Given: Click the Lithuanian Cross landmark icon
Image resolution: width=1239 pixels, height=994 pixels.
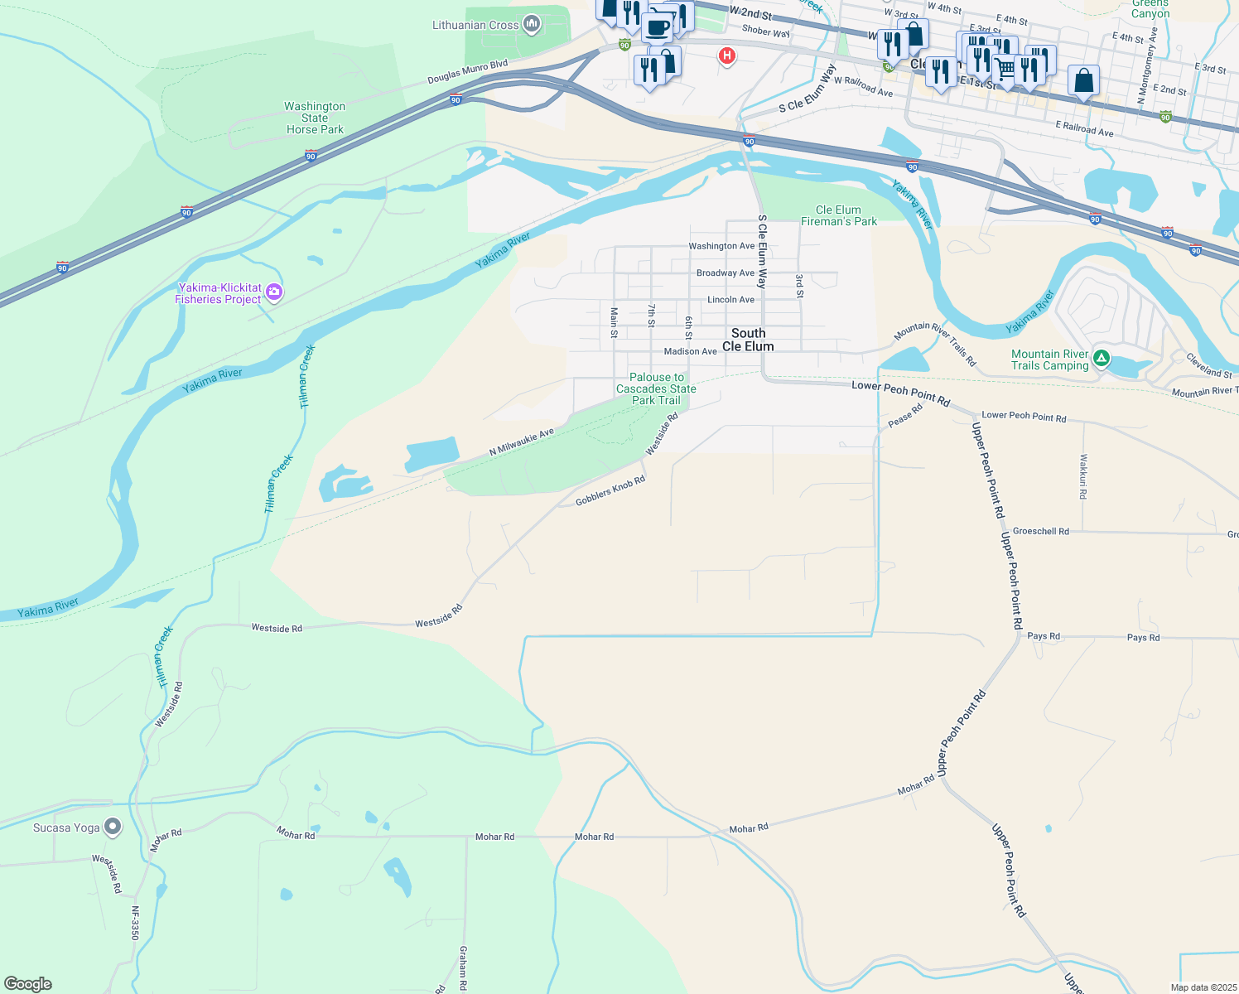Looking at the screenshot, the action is click(x=532, y=25).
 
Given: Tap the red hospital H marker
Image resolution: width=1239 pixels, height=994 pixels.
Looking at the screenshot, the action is click(x=726, y=56).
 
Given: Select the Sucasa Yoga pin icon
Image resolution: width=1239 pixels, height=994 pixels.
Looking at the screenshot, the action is click(x=113, y=827).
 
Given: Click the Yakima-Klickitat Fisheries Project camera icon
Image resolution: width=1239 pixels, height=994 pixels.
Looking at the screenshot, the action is click(x=274, y=292).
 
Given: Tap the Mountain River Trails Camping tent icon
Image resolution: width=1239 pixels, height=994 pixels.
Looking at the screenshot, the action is click(x=1101, y=359).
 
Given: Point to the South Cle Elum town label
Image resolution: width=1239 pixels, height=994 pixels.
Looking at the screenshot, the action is click(x=748, y=340).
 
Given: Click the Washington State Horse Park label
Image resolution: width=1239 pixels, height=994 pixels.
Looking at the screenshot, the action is click(x=315, y=118).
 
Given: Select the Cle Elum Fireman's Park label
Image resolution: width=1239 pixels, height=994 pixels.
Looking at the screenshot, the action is click(x=839, y=215).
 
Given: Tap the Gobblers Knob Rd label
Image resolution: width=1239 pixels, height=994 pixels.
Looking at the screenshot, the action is click(x=610, y=491).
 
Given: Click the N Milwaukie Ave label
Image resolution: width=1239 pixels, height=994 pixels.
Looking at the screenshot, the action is click(x=521, y=442).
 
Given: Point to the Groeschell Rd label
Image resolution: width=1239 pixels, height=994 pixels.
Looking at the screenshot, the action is click(x=1041, y=531).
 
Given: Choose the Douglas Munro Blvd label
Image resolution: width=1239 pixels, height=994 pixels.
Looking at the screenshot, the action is click(x=467, y=72).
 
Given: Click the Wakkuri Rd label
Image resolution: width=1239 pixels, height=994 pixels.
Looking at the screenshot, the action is click(x=1082, y=475).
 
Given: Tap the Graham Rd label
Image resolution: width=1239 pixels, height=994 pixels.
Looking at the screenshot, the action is click(x=463, y=967).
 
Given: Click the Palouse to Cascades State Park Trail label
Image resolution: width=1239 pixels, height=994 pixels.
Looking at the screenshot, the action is click(x=656, y=388).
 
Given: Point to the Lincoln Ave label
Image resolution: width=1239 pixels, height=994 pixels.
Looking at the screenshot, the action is click(x=730, y=300).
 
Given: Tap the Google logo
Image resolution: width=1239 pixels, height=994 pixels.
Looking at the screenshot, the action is click(x=28, y=984).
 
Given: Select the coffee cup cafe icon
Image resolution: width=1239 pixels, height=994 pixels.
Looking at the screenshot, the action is click(x=658, y=27).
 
